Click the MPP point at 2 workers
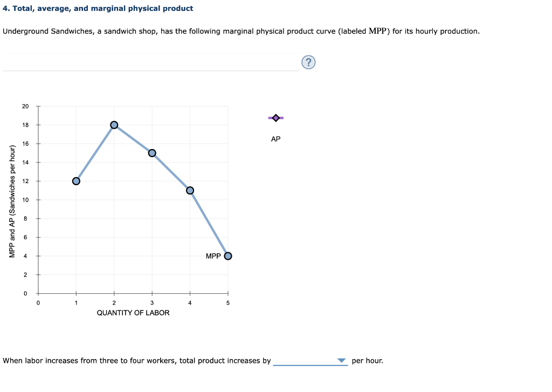pos(114,125)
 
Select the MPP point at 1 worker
pos(76,181)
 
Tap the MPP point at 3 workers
pos(152,153)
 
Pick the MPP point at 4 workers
pos(190,190)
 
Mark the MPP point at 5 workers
pos(228,256)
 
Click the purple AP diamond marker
pos(276,118)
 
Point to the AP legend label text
pos(276,139)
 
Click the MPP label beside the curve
pos(213,256)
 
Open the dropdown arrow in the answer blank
pos(341,361)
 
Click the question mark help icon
pos(308,63)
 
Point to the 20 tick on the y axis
pos(25,106)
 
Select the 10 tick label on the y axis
pos(25,200)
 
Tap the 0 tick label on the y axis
pos(25,294)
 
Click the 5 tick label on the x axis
pos(228,303)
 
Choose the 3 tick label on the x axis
pos(152,303)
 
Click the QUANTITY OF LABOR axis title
pos(133,313)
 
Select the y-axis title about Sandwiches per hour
pos(12,200)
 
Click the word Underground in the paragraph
pos(25,31)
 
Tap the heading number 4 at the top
pos(5,9)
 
